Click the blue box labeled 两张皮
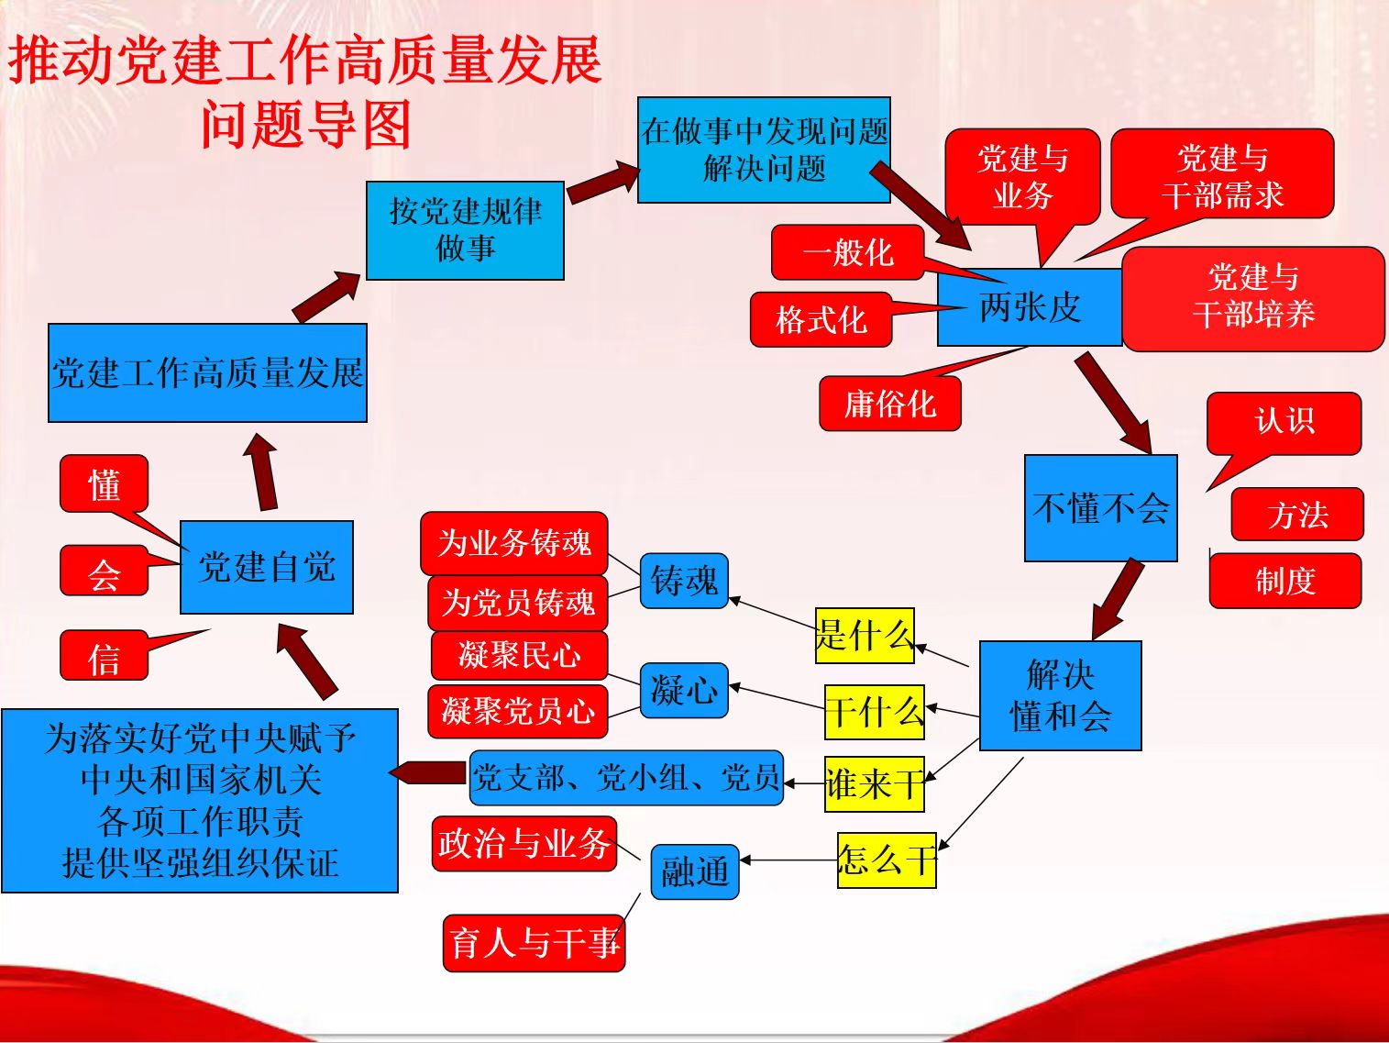point(1029,307)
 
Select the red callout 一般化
point(847,252)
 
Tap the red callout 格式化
point(821,319)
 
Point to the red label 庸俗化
point(889,404)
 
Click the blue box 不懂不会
point(1100,508)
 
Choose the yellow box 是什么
point(865,635)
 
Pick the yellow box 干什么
point(874,712)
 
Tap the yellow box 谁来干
point(874,784)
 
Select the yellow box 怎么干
point(886,860)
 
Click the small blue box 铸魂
point(683,581)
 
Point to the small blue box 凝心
point(683,690)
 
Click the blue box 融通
point(694,871)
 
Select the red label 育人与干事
point(534,942)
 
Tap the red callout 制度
point(1284,581)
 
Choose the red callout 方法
point(1296,515)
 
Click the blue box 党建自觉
point(266,567)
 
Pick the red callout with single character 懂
point(104,483)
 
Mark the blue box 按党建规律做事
point(465,230)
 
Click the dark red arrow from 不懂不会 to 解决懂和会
point(1119,599)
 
